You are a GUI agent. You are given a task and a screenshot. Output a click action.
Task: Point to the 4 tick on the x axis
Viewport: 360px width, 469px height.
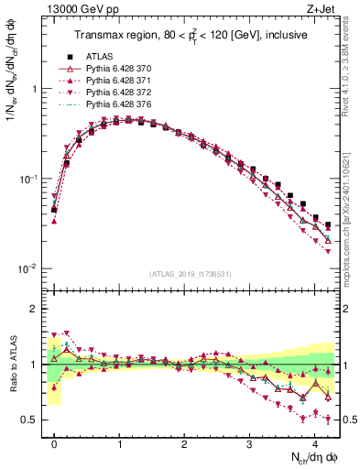click(315, 441)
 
